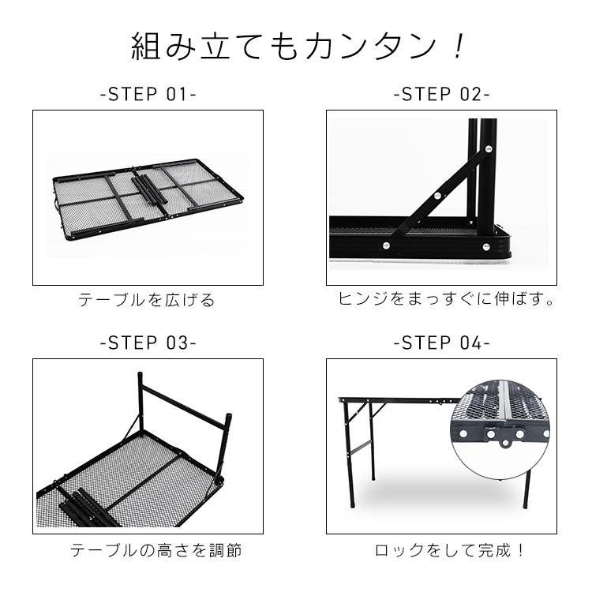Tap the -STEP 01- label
[x=148, y=95]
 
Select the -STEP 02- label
[x=442, y=95]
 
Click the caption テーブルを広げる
[x=147, y=301]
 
